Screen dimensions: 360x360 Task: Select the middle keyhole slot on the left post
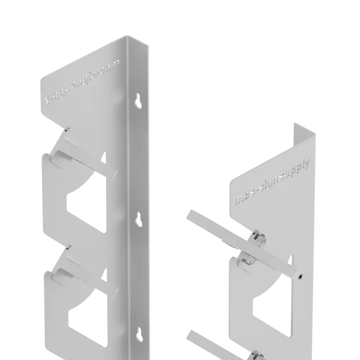tap(139, 219)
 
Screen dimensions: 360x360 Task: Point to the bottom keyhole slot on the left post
tap(139, 334)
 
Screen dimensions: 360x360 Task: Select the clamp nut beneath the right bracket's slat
tap(248, 261)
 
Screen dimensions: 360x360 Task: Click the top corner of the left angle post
tap(126, 37)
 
